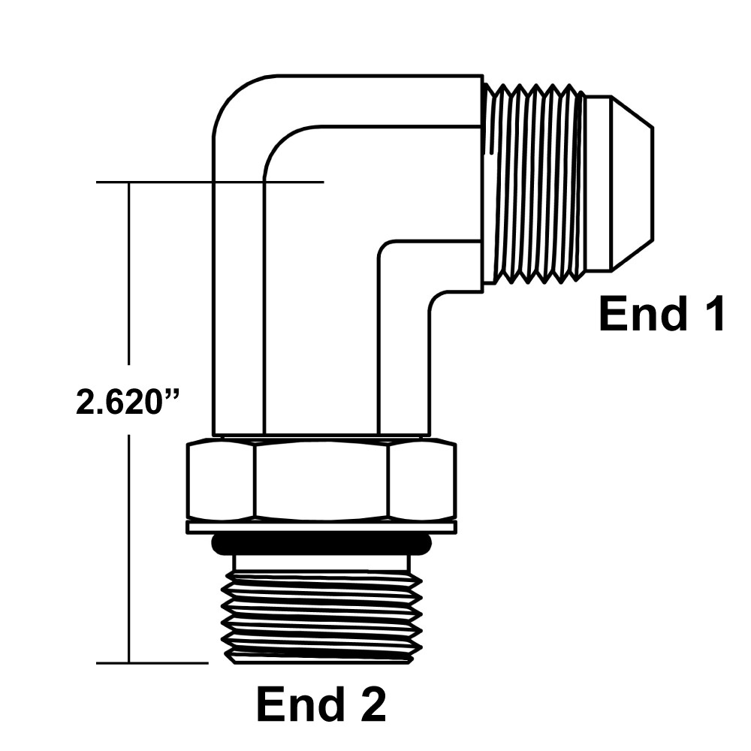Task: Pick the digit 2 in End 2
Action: (x=369, y=704)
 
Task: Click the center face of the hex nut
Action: (x=321, y=481)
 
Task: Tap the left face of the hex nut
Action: (x=221, y=481)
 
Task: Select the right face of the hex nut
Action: (x=421, y=481)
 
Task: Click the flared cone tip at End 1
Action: (x=620, y=184)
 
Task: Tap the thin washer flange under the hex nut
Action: (x=321, y=527)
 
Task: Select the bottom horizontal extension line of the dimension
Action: (x=150, y=663)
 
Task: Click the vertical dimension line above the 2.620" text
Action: (x=129, y=278)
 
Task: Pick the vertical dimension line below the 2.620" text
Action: (x=129, y=548)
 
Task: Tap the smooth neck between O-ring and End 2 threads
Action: (x=321, y=562)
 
